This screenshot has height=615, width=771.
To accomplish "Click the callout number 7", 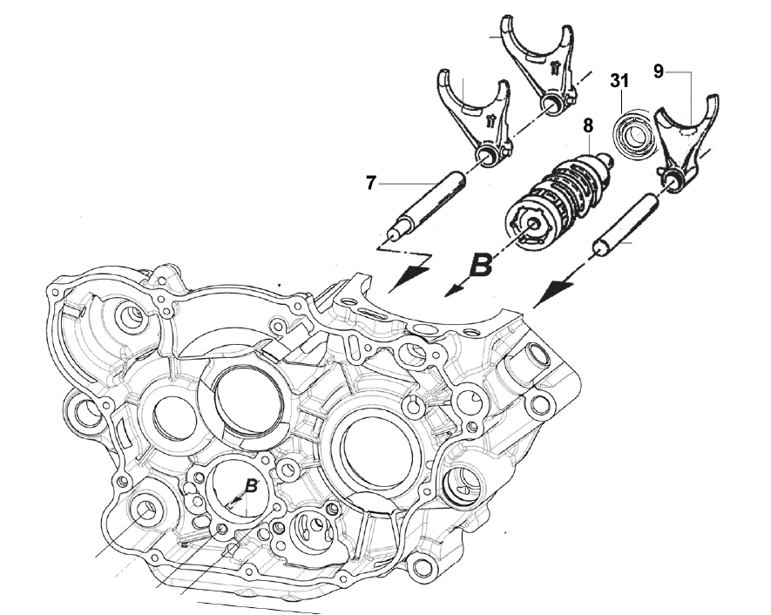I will pos(371,183).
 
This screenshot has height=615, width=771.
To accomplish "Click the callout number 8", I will pos(588,125).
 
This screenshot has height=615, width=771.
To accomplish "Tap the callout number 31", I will pos(619,81).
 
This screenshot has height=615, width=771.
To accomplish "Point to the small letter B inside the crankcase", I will pos(250,486).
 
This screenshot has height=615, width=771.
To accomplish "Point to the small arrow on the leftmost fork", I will pos(490,119).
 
